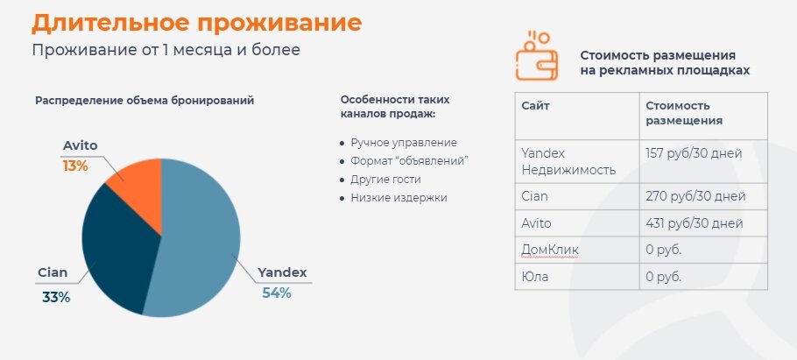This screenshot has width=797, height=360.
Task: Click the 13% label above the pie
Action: click(75, 166)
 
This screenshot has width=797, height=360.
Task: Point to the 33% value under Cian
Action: click(56, 298)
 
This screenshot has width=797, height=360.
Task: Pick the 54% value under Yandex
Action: click(277, 293)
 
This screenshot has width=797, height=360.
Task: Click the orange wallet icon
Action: click(537, 56)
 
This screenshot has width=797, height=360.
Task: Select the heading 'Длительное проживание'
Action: click(197, 24)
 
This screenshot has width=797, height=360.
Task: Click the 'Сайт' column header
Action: click(536, 106)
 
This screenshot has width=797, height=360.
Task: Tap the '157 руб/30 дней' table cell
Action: click(694, 153)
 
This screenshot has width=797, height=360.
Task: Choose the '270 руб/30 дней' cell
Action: click(695, 195)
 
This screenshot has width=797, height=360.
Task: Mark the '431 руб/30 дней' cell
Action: click(695, 223)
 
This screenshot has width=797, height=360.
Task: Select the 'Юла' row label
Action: click(535, 277)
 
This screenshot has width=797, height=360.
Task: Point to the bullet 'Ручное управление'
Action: click(404, 143)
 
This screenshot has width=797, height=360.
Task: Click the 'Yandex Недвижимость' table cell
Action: click(568, 162)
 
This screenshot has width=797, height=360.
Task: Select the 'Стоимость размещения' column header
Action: click(684, 113)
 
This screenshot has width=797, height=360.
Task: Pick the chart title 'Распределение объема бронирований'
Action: click(145, 101)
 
